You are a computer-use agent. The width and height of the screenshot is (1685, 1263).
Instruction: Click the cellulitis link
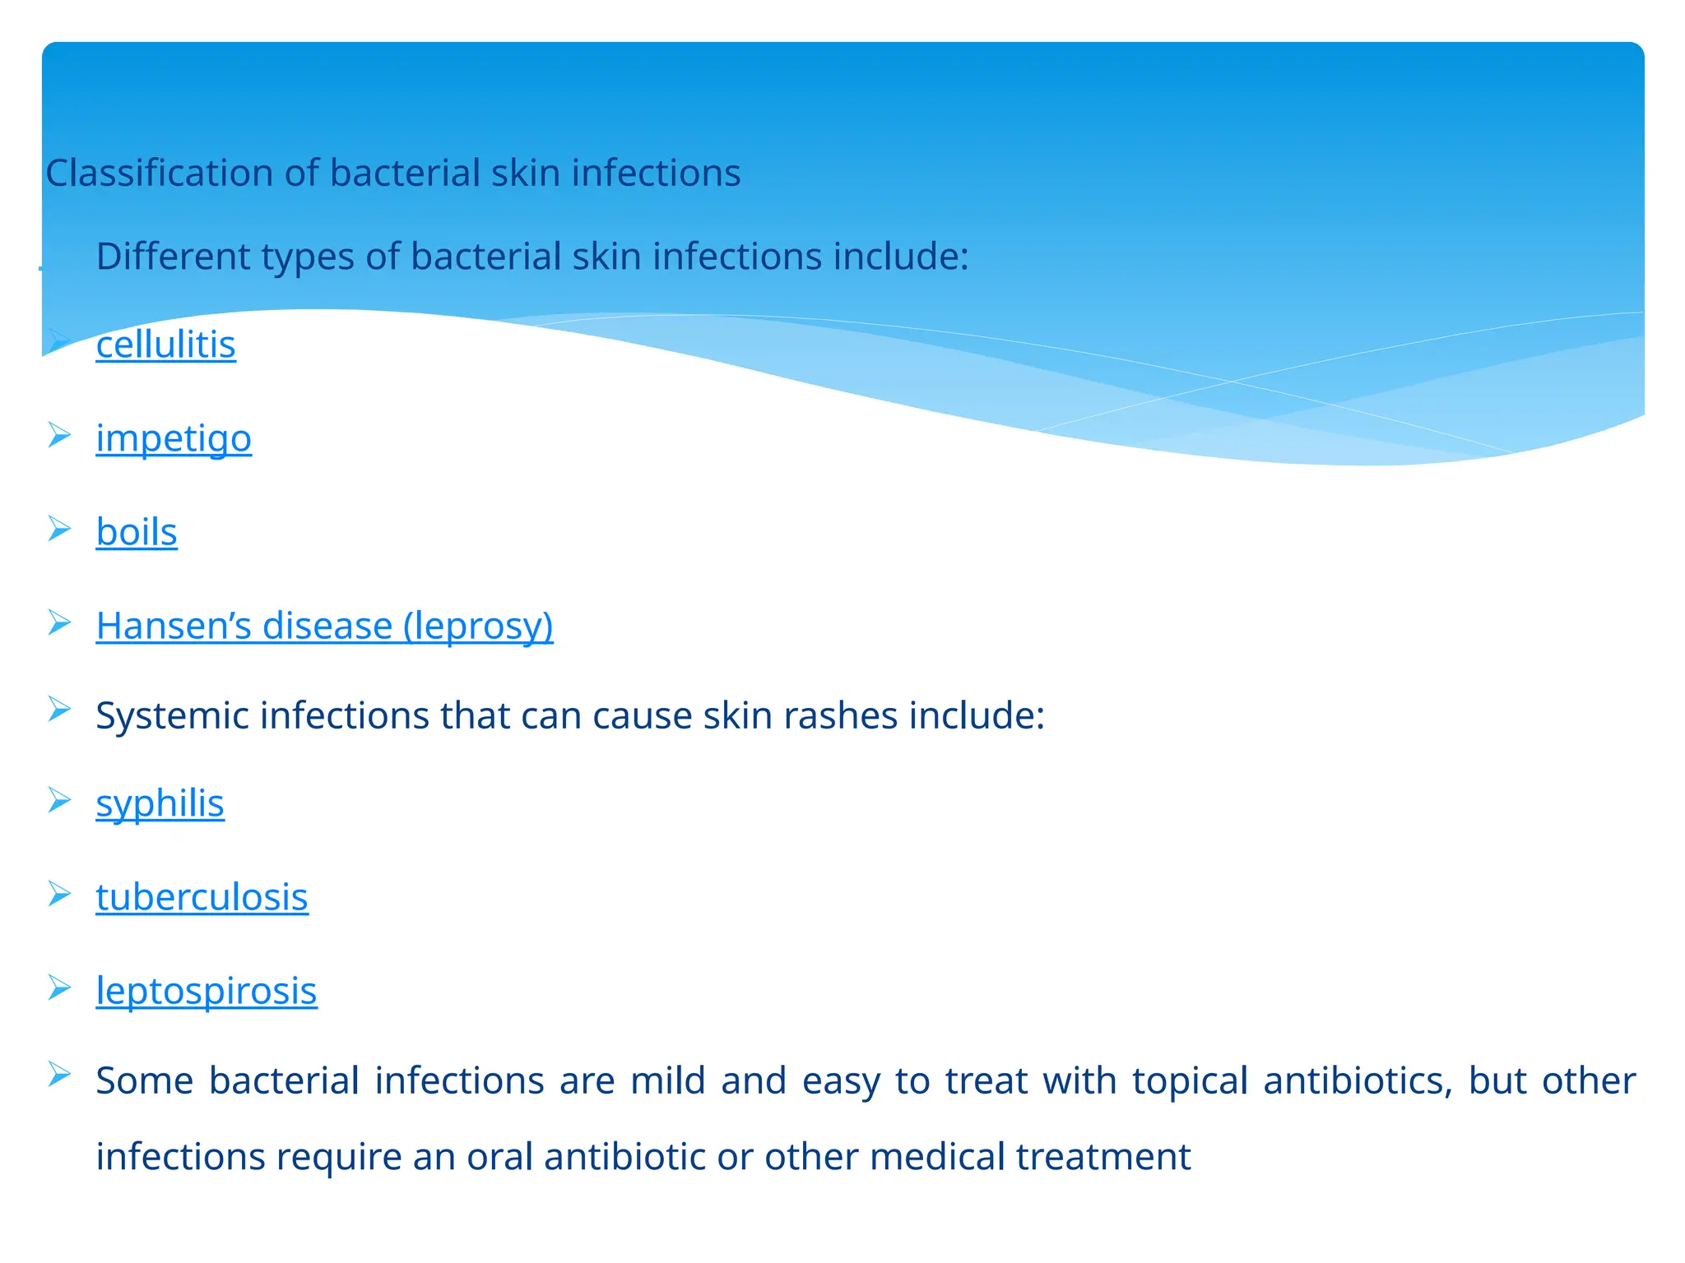tap(165, 345)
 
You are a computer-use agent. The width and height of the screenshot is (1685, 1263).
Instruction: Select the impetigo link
tap(174, 438)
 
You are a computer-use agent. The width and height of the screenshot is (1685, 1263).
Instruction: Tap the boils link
tap(137, 532)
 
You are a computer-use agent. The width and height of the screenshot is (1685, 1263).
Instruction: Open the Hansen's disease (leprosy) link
tap(324, 626)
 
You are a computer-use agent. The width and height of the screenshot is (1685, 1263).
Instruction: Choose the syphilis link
tap(160, 803)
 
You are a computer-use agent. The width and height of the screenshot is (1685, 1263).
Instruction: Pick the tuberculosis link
tap(202, 897)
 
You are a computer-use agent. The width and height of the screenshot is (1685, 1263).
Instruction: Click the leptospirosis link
tap(207, 991)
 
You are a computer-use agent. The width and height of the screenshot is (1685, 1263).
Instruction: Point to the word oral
tap(499, 1157)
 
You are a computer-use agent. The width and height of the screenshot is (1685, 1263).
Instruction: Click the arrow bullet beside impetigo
tap(59, 434)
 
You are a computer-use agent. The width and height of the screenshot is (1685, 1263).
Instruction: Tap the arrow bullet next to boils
tap(59, 528)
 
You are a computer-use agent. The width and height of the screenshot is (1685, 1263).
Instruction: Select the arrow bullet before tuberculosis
tap(59, 893)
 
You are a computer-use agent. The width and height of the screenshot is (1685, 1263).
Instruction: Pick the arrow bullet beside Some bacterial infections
tap(59, 1074)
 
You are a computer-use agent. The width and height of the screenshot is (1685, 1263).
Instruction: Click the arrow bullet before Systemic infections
tap(59, 709)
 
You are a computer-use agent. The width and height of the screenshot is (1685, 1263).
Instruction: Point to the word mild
tap(667, 1080)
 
